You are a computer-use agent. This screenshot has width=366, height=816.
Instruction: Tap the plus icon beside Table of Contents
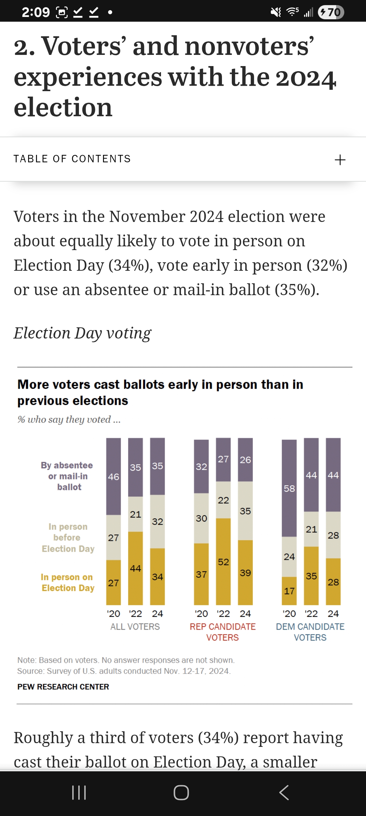340,160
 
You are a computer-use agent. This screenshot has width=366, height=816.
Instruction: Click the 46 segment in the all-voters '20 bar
114,476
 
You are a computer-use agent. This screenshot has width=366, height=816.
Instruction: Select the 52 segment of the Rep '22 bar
223,562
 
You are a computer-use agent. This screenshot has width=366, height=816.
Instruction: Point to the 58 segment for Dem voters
289,488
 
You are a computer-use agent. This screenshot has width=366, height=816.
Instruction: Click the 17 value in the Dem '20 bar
289,591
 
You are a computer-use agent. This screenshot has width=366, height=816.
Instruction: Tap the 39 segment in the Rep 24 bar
245,573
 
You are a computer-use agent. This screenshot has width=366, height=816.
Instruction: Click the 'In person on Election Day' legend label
67,583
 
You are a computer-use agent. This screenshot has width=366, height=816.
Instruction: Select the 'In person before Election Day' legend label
68,538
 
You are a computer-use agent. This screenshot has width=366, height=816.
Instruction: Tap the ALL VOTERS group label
135,627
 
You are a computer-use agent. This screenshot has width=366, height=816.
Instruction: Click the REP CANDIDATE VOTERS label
223,632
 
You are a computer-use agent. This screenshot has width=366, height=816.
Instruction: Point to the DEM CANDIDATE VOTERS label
310,632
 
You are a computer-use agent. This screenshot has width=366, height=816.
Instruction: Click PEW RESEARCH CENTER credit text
63,687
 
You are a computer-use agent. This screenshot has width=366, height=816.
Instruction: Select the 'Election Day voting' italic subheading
82,333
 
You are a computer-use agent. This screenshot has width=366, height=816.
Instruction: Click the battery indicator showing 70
331,13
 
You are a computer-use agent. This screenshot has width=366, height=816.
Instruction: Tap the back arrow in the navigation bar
284,793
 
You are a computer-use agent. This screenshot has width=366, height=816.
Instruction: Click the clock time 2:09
36,13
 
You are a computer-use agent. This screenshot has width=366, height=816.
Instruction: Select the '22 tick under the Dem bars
311,614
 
